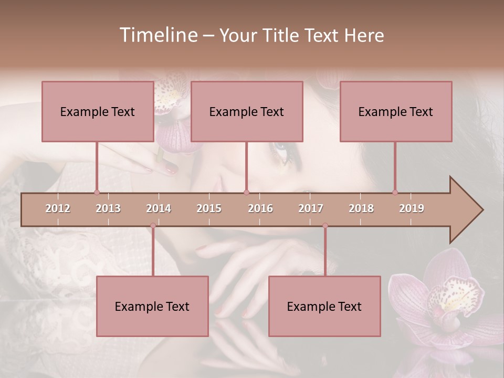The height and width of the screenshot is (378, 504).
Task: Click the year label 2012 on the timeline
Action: point(58,208)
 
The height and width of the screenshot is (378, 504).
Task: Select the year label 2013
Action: point(108,208)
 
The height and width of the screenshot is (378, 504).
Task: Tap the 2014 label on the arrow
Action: point(159,208)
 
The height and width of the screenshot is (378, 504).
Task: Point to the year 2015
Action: point(209,208)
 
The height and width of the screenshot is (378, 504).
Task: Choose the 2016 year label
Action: point(260,208)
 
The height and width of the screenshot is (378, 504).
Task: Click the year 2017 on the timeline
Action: point(311,208)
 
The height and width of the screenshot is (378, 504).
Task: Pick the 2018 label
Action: point(361,208)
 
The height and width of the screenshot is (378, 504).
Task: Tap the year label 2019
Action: point(412,208)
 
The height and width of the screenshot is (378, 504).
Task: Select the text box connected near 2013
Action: point(97,111)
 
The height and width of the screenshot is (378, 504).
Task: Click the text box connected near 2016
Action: point(247,111)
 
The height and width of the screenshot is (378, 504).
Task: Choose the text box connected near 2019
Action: point(396,111)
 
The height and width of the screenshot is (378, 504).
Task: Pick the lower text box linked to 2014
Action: point(152,306)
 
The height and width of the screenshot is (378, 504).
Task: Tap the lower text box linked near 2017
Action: point(324,306)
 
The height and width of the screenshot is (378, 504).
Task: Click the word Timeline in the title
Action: point(157,35)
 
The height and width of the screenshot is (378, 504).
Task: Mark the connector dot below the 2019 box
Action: point(395,192)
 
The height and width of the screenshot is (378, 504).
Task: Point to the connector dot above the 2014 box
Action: point(153,226)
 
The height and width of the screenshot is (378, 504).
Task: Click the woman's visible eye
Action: point(281,150)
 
